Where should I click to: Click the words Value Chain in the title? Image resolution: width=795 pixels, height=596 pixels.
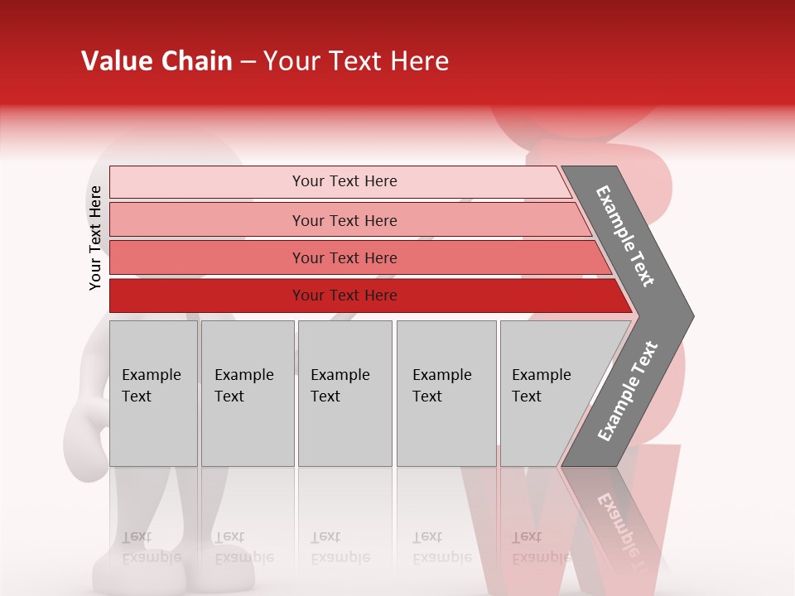[x=157, y=61]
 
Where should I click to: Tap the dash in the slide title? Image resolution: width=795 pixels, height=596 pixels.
[x=248, y=62]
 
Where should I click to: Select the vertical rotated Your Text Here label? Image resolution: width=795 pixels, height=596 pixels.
[x=95, y=238]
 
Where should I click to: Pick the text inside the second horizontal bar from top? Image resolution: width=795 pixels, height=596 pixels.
[x=344, y=220]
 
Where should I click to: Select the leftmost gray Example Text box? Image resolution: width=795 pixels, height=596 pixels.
[x=153, y=393]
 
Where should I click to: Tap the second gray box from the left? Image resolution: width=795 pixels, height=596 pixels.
[x=247, y=393]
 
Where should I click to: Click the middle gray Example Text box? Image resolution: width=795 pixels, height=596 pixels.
[x=344, y=393]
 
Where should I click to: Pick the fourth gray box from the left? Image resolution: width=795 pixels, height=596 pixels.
[x=446, y=393]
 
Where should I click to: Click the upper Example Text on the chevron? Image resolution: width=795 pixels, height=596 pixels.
[x=625, y=236]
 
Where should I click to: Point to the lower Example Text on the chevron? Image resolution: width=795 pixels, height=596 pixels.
[x=628, y=392]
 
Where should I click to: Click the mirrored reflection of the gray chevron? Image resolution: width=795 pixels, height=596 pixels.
[x=617, y=513]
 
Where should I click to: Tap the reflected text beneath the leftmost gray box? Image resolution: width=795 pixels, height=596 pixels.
[x=151, y=547]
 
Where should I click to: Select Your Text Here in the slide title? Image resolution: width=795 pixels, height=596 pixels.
[x=356, y=62]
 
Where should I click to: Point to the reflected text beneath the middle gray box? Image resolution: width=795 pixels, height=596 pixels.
[x=340, y=547]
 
